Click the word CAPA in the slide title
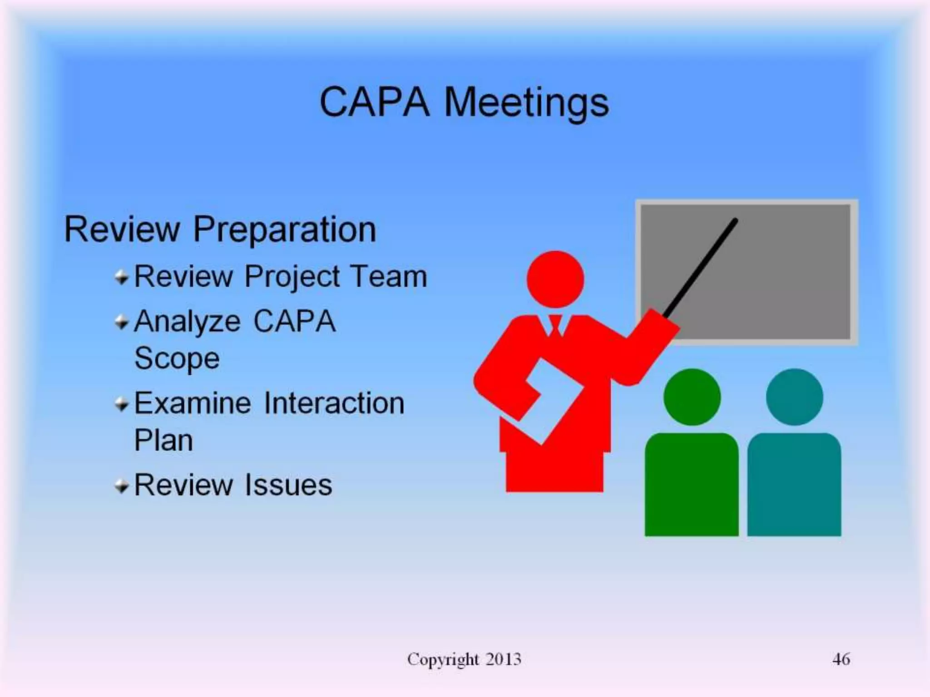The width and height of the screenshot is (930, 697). point(374,103)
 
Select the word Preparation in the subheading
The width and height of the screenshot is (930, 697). point(285,230)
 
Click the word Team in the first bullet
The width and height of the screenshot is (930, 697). point(389,276)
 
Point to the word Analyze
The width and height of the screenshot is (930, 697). point(187,322)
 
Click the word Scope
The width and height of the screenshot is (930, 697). point(177,358)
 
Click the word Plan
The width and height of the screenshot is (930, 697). point(163,440)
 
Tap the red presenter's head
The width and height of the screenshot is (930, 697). point(555,279)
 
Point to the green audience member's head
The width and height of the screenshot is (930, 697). point(692,397)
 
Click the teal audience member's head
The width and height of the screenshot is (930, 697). point(794,397)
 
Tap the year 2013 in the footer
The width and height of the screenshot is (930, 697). point(503,659)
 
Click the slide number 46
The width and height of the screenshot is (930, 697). point(841,659)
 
